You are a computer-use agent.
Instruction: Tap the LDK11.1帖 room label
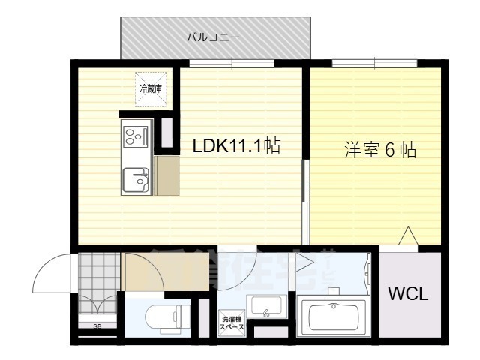[236, 146]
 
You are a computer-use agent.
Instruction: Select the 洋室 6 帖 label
[380, 150]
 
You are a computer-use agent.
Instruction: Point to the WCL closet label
[408, 294]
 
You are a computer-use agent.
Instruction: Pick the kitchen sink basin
[136, 180]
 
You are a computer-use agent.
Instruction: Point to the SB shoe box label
[97, 326]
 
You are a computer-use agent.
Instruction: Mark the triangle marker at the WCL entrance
[407, 237]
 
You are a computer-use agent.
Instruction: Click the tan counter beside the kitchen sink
[167, 177]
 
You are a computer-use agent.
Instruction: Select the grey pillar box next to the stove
[166, 133]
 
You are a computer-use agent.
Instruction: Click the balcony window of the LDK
[232, 64]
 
